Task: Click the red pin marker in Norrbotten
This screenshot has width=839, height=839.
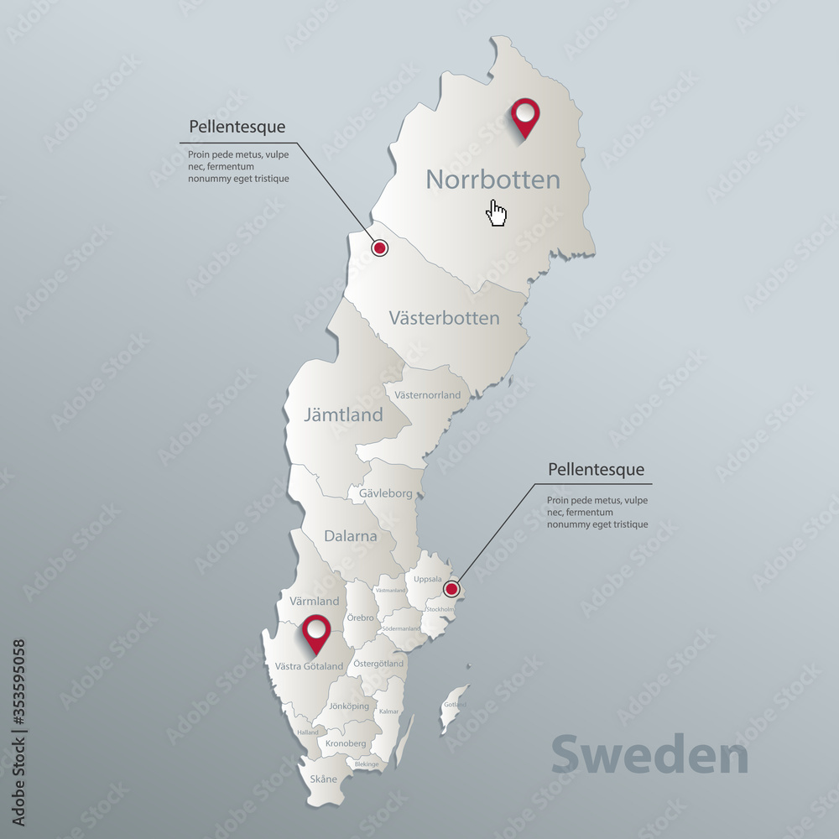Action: coord(526,115)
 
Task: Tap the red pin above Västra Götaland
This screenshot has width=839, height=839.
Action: coord(316,631)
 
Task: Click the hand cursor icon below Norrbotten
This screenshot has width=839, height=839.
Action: coord(497,213)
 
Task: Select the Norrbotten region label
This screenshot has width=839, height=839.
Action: coord(492,179)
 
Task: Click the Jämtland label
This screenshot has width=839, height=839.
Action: coord(343,414)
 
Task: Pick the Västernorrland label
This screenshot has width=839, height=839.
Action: coord(428,394)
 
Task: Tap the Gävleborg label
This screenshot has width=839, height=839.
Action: coord(386,493)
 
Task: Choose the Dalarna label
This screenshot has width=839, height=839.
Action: coord(351,535)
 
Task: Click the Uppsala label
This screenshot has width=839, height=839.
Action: coord(427,579)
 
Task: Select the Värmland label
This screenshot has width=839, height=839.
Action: coord(315,601)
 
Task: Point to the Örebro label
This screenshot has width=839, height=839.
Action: coord(360,618)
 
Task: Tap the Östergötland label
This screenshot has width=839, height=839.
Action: coord(378,664)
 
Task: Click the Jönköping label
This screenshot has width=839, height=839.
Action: coord(349,706)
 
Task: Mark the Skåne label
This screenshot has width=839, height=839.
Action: coord(324,779)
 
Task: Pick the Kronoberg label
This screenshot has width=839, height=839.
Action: coord(346,743)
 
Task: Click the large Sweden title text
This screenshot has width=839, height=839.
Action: coord(649,756)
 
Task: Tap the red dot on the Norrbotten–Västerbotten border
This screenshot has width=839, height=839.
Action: coord(379,248)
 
